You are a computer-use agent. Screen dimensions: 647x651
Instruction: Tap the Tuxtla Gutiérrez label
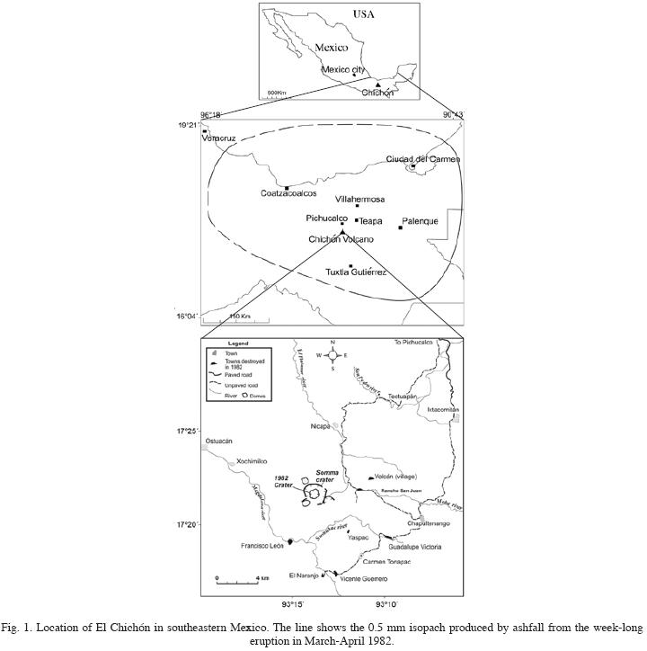coord(356,272)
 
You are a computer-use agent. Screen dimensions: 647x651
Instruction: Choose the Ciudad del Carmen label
coord(422,159)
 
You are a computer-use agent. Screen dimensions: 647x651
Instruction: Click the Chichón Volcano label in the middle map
coord(341,239)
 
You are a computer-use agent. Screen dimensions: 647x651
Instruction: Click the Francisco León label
coord(262,546)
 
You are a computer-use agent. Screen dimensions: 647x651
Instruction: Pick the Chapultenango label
coord(429,523)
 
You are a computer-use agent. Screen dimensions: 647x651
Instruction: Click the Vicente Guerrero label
coord(363,580)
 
